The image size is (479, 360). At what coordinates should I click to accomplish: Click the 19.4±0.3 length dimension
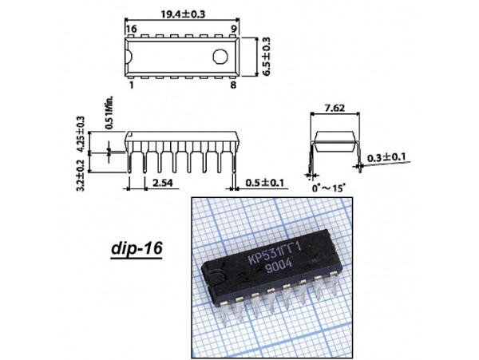[183, 14]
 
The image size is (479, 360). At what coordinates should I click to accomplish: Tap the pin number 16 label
[132, 29]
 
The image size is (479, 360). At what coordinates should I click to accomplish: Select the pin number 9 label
[234, 29]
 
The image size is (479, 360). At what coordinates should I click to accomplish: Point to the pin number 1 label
[132, 85]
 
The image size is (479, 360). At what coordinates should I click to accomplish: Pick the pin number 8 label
[233, 85]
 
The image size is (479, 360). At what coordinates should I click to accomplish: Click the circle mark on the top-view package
[220, 57]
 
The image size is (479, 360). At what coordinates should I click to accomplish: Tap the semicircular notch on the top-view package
[129, 57]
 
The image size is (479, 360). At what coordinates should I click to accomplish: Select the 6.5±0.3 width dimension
[266, 57]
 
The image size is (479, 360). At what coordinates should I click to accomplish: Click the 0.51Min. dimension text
[109, 113]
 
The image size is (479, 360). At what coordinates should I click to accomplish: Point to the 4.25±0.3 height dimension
[81, 134]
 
